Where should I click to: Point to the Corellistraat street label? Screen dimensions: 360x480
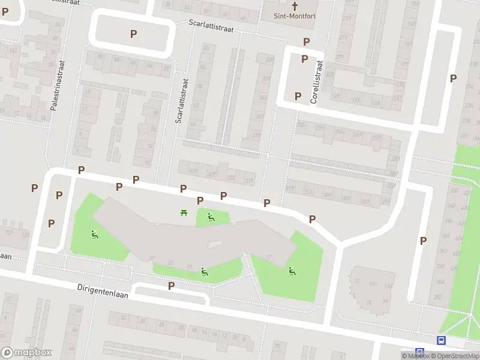point(316,82)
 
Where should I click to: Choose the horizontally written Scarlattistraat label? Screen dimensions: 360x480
point(209,26)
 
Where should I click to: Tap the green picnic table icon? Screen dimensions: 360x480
point(184,212)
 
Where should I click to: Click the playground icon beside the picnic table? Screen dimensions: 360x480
point(211,217)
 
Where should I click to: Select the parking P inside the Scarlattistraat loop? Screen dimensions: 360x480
point(133,34)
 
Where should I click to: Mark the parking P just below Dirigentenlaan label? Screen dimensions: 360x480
point(172,286)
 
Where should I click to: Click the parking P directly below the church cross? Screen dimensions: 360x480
point(307,42)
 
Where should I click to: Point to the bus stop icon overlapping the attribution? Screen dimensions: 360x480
point(420,353)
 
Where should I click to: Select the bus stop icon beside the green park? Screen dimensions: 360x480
point(442,340)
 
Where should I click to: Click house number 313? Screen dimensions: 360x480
point(308,192)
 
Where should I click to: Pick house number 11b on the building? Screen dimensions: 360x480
point(373,284)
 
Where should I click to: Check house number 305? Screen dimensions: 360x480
point(346,199)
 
